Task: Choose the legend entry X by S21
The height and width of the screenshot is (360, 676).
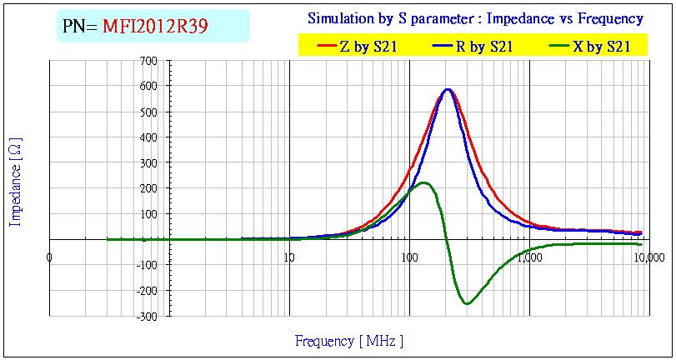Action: click(x=600, y=47)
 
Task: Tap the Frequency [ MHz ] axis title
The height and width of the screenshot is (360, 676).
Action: click(x=349, y=341)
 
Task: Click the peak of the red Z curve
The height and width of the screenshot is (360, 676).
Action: click(x=448, y=89)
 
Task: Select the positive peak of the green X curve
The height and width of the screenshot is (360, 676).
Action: click(x=423, y=182)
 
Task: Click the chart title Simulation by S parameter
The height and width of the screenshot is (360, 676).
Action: click(x=475, y=18)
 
